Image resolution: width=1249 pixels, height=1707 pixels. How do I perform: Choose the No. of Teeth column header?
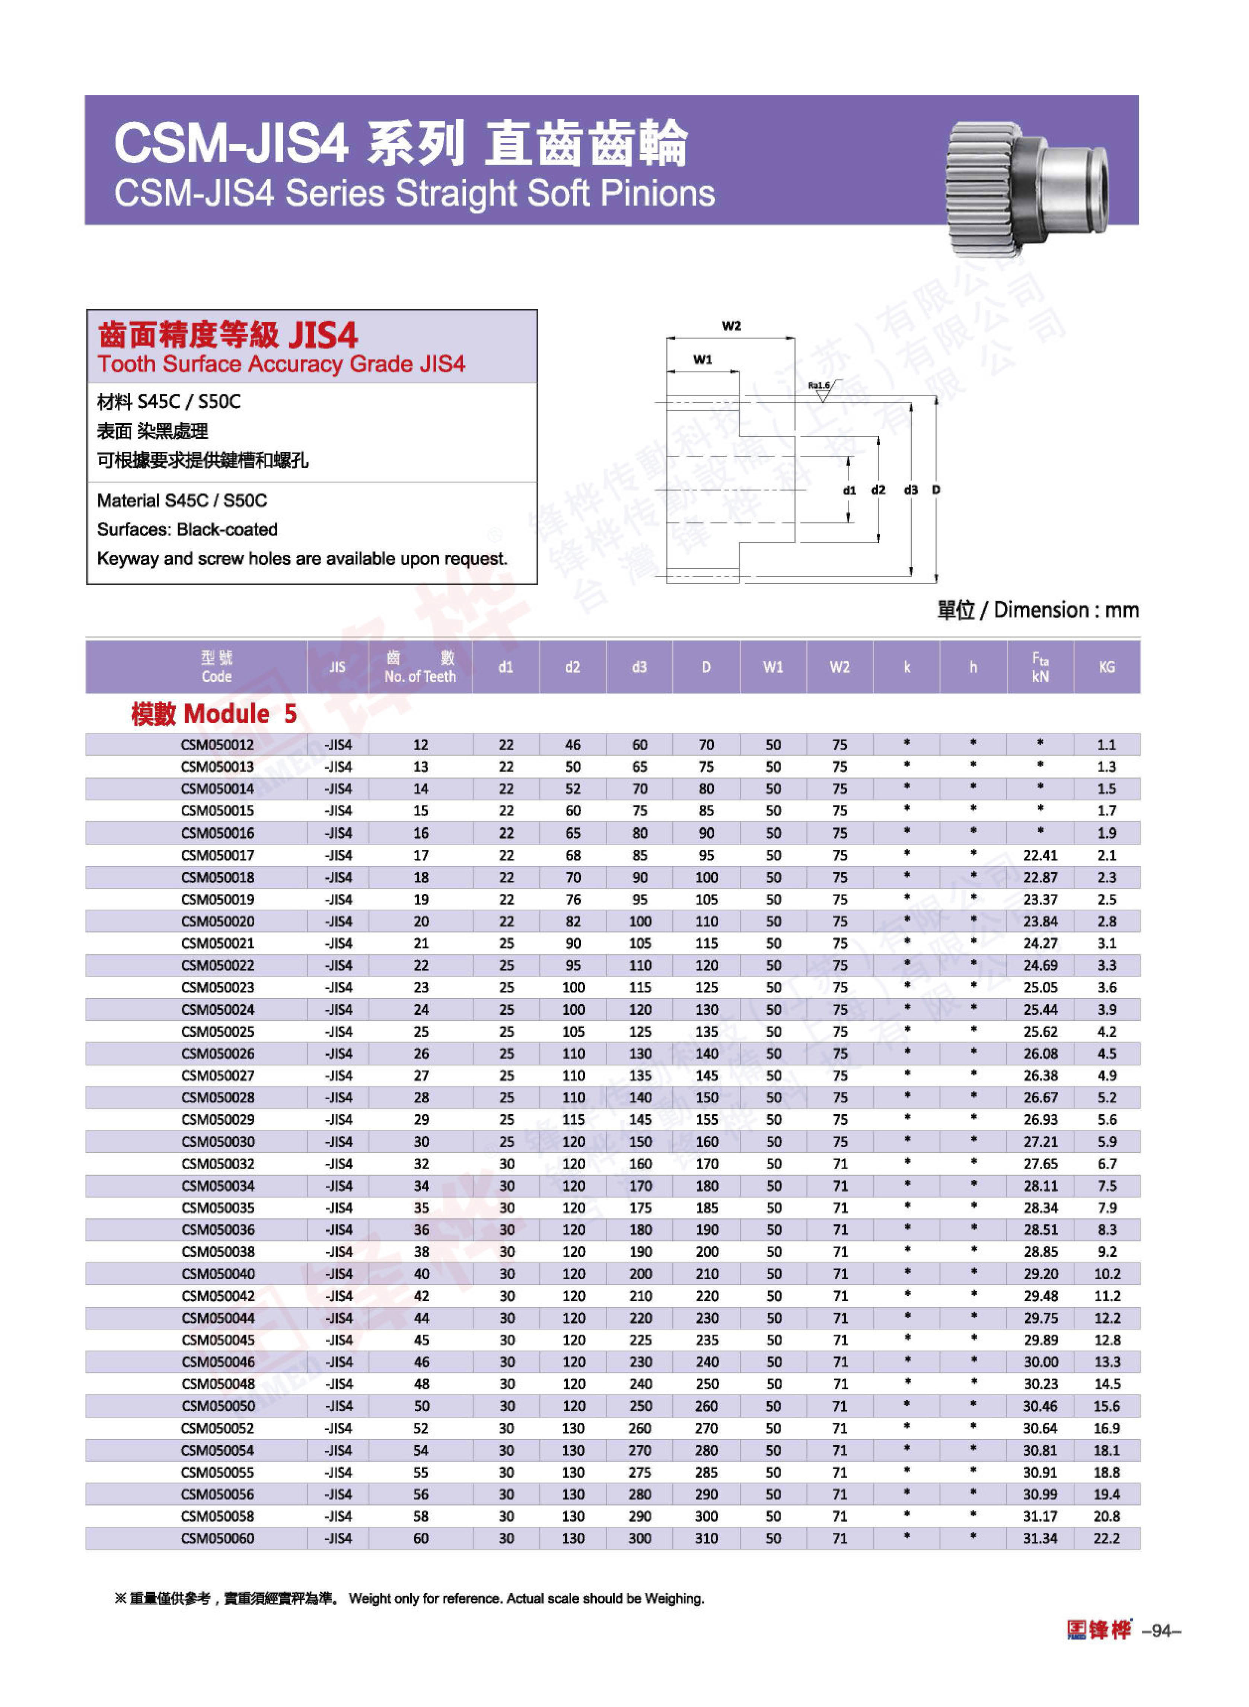pyautogui.click(x=420, y=667)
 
